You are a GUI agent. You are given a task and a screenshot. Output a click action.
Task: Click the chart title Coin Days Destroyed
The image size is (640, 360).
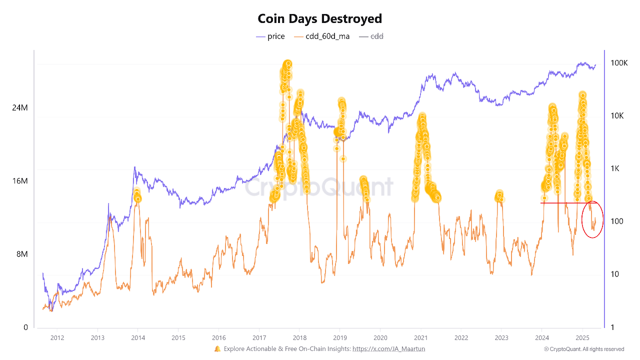coord(319,19)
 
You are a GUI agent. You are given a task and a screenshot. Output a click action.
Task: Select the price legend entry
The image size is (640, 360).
coord(270,36)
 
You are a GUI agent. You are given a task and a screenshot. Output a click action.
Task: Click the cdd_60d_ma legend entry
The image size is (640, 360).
coord(321,36)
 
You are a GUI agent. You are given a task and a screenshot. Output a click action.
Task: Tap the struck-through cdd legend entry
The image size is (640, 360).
coord(371,36)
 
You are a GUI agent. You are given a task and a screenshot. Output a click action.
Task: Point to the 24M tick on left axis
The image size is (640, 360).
coord(20,107)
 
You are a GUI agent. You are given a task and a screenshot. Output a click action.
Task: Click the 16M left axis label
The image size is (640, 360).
coord(20,181)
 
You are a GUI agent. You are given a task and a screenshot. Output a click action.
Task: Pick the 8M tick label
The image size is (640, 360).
coord(22,254)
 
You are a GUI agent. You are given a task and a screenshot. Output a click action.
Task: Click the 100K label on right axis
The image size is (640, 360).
coord(619,63)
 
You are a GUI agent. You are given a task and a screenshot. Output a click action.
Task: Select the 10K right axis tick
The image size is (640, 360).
coord(617,115)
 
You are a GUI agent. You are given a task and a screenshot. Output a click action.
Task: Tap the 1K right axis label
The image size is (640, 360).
coord(615,168)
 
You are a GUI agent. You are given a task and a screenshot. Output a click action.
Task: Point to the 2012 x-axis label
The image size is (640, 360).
coord(57,338)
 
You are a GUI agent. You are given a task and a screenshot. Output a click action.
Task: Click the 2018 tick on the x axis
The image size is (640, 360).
coord(299,338)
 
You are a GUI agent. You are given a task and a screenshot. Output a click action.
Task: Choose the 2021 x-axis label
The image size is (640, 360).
coord(421,338)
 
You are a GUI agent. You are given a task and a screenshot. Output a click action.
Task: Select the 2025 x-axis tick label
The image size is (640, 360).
coord(582,338)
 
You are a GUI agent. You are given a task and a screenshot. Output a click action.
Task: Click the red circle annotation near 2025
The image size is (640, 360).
coord(582,219)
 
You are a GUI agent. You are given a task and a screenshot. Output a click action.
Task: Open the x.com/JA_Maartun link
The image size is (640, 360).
coord(388,349)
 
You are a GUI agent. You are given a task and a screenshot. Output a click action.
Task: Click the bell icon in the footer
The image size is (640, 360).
coord(217,349)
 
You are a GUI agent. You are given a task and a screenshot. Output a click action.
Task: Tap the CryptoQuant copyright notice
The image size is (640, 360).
coord(584,349)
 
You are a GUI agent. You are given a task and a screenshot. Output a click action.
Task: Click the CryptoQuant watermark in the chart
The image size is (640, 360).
coord(319,187)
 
